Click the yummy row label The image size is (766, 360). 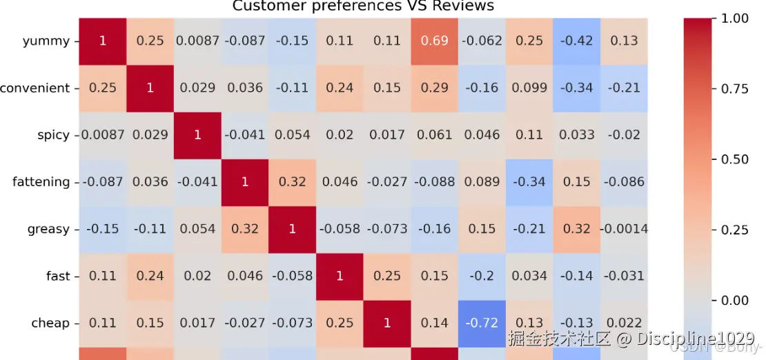tap(46, 41)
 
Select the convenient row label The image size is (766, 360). tap(35, 88)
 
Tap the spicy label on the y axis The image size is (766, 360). tap(53, 135)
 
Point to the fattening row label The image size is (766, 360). tap(41, 182)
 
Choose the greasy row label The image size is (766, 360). tap(48, 229)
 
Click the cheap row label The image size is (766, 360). tap(50, 323)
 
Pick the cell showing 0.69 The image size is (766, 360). tap(435, 41)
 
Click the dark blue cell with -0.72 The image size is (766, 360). tap(482, 323)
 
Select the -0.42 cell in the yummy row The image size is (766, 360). tap(577, 41)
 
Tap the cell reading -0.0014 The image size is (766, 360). tap(624, 229)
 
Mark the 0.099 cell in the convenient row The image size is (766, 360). tap(529, 88)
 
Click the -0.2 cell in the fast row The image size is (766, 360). tap(482, 276)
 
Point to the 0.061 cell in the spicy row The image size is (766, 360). tap(435, 135)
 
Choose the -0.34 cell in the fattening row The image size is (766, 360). tap(529, 182)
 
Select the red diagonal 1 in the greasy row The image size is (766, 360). tap(293, 229)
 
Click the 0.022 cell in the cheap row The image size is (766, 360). tap(624, 323)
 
